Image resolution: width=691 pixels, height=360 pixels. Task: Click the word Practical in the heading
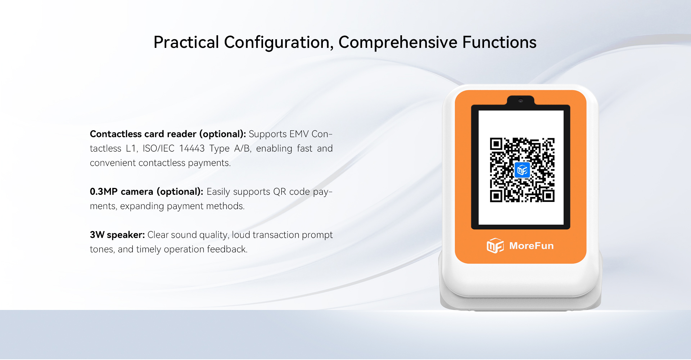(186, 42)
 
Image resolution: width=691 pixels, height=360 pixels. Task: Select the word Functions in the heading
(499, 42)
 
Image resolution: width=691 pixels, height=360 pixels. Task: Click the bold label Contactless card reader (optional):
(168, 134)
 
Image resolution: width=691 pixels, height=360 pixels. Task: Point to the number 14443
(192, 148)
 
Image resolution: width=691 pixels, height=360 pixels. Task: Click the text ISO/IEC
(158, 148)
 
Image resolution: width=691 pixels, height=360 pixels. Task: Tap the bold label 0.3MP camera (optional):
(146, 192)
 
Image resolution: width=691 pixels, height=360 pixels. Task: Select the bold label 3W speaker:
(117, 235)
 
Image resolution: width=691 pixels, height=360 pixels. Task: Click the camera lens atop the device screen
(520, 101)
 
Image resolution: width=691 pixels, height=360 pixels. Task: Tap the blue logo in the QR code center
(522, 170)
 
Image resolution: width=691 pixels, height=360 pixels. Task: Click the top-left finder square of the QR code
(496, 144)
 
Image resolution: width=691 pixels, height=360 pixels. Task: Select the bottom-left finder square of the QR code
(496, 196)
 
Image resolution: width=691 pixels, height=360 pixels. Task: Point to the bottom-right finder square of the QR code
(548, 196)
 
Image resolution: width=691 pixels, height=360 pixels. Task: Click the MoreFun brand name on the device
(531, 246)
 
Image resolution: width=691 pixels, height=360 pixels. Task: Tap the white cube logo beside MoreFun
(495, 246)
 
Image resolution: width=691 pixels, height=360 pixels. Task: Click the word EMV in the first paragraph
(299, 134)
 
